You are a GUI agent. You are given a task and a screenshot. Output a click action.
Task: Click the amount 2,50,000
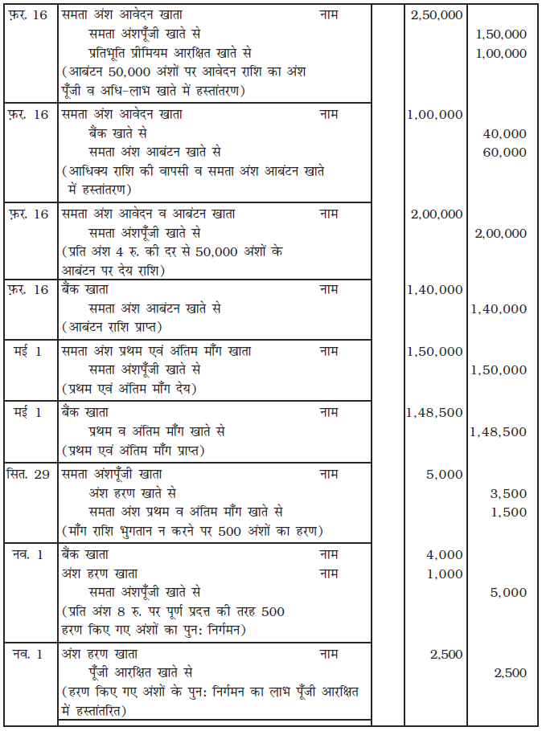(436, 15)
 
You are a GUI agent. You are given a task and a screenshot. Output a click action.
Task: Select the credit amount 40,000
(505, 133)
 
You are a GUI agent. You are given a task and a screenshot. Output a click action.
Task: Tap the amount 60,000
(505, 152)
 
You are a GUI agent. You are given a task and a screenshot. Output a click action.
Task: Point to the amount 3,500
(508, 493)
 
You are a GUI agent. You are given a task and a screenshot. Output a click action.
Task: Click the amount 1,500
(508, 512)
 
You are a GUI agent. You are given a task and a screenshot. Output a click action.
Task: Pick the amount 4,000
(445, 555)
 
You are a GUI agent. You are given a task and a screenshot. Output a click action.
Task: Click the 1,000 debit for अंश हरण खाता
(445, 574)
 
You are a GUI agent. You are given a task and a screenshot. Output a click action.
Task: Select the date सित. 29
(28, 474)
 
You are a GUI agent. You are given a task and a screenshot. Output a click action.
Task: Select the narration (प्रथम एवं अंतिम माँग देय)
(129, 389)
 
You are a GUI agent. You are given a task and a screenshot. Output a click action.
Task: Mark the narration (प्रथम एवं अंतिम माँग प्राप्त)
(133, 450)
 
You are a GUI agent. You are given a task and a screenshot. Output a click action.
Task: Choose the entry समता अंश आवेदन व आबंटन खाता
(149, 214)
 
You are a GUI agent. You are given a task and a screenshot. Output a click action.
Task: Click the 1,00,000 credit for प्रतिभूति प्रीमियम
(501, 53)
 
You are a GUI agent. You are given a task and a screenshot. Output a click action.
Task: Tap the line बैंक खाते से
(119, 133)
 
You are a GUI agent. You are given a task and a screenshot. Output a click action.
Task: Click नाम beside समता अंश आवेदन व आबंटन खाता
(329, 214)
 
